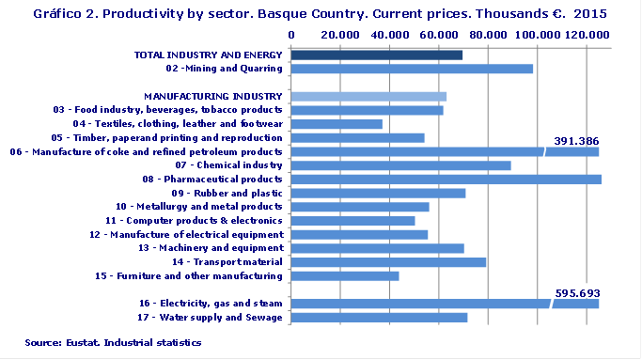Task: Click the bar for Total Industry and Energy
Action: tap(376, 55)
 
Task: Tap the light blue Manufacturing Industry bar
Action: tap(368, 96)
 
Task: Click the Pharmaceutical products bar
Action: tap(446, 179)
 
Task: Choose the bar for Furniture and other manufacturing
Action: tap(345, 275)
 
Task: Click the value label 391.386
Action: tap(576, 141)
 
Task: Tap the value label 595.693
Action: tap(576, 292)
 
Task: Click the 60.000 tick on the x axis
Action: tap(439, 34)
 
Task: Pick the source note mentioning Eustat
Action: tap(113, 343)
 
